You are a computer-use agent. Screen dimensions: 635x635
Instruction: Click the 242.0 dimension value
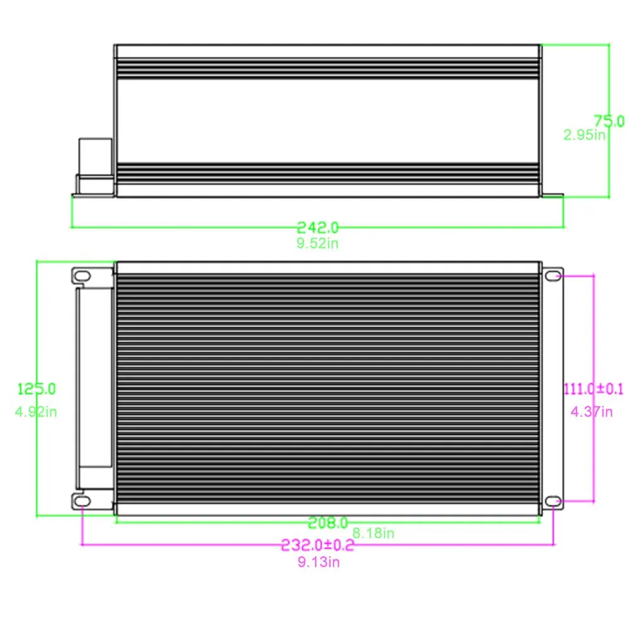tap(317, 227)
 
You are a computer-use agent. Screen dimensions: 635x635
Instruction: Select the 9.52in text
tap(317, 243)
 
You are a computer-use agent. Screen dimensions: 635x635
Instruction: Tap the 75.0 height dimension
tap(609, 121)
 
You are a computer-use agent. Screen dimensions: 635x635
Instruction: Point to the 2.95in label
tap(584, 135)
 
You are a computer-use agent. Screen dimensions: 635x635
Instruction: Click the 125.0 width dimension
tap(36, 389)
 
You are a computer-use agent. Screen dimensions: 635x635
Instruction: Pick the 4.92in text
tap(36, 412)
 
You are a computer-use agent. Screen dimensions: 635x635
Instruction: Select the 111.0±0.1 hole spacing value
tap(593, 389)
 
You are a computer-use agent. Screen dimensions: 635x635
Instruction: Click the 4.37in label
tap(591, 412)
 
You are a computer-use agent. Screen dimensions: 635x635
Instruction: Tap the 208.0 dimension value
tap(328, 522)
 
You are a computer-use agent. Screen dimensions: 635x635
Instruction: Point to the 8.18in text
tap(373, 533)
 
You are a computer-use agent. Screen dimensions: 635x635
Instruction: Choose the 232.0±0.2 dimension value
tap(317, 545)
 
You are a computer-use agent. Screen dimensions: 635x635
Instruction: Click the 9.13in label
tap(319, 562)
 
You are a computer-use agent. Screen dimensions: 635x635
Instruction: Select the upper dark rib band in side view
tap(327, 68)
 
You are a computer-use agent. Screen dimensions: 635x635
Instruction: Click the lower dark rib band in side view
tap(327, 172)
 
